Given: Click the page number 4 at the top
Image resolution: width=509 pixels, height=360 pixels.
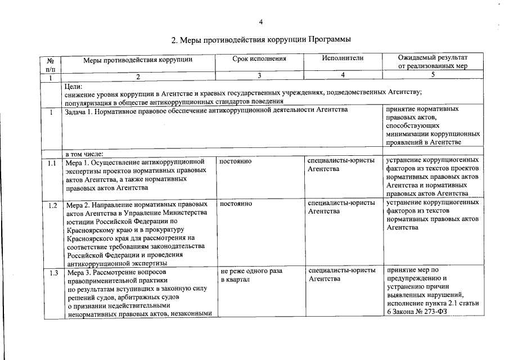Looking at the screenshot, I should [260, 22].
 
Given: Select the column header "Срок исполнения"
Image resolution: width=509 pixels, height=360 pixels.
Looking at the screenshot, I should [259, 58].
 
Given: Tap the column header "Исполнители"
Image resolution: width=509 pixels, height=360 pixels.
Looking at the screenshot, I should [343, 58].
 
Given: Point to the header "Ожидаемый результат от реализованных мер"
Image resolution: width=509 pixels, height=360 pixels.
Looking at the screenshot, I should [432, 62].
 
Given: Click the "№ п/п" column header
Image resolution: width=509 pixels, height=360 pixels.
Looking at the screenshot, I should [51, 62].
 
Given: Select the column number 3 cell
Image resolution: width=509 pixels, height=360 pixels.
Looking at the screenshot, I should [259, 76].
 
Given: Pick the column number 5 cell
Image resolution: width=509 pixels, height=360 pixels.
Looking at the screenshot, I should [432, 76].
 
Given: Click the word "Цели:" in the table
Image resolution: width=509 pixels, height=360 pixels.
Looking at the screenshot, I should [74, 86].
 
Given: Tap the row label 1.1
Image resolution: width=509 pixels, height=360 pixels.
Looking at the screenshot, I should [51, 163].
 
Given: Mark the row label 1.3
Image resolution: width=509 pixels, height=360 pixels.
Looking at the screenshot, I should [51, 273].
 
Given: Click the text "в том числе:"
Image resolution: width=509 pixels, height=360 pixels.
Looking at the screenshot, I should [84, 153].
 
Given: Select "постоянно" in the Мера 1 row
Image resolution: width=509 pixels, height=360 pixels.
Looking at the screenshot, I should [236, 162].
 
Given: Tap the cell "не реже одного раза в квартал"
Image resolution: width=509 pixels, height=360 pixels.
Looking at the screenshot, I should [251, 275].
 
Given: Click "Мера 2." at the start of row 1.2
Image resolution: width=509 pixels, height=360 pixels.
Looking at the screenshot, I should [79, 203].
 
